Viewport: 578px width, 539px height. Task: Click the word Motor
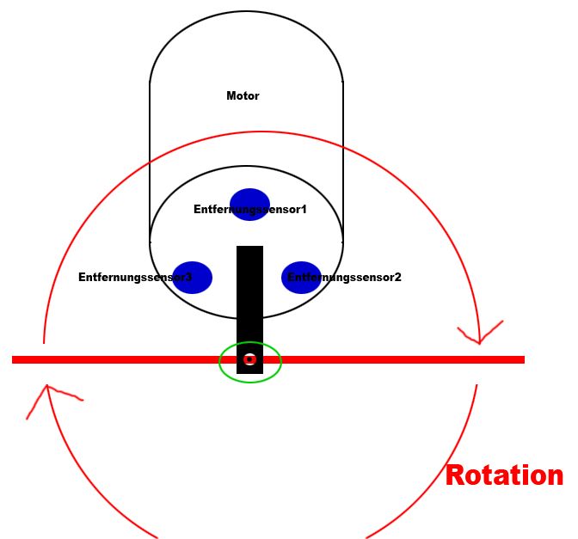tap(243, 96)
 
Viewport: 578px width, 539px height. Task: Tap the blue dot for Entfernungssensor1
tap(249, 204)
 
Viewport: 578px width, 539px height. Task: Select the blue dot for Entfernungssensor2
tap(301, 277)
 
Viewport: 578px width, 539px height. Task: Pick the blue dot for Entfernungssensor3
tap(192, 277)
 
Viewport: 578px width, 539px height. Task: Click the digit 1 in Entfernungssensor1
tap(304, 209)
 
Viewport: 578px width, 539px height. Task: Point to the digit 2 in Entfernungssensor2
tap(397, 278)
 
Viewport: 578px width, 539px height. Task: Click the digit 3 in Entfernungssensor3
tap(188, 278)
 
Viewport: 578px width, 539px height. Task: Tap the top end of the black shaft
tap(249, 248)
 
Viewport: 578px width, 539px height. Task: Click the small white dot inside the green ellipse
tap(249, 359)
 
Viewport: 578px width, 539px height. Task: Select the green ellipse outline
tap(219, 362)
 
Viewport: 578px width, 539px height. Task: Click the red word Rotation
tap(504, 475)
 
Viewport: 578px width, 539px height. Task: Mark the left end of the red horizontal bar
tap(15, 359)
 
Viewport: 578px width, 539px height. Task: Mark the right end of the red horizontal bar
tap(522, 359)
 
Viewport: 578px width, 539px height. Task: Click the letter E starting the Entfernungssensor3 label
tap(82, 278)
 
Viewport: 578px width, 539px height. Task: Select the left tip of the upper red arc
tap(44, 342)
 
